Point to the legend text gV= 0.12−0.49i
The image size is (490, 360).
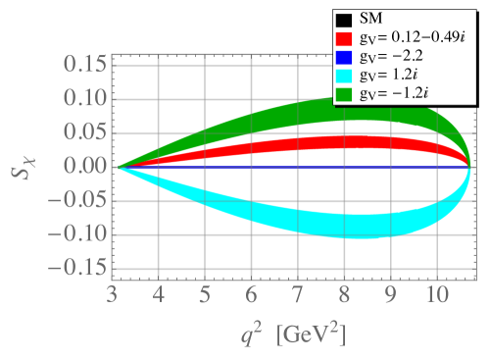click(x=412, y=38)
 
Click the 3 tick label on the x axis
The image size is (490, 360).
click(x=113, y=293)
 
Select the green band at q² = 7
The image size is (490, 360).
click(x=298, y=113)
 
